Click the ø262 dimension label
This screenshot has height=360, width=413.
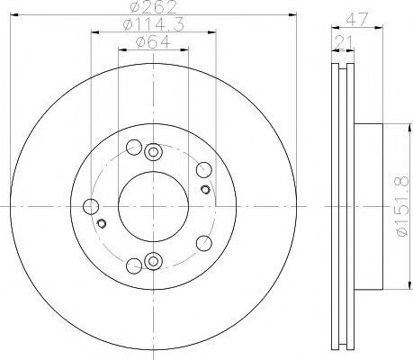[154, 7]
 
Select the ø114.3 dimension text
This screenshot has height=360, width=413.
[154, 24]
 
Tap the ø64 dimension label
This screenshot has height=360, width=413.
[153, 41]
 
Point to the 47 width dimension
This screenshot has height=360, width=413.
[356, 20]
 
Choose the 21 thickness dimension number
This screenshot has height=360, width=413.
[344, 42]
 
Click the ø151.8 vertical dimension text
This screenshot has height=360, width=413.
[402, 206]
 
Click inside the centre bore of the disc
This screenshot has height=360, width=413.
[153, 206]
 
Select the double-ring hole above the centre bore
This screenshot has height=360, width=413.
[153, 152]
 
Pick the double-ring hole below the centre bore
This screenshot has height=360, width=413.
[153, 261]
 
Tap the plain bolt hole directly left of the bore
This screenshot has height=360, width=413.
[91, 207]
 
